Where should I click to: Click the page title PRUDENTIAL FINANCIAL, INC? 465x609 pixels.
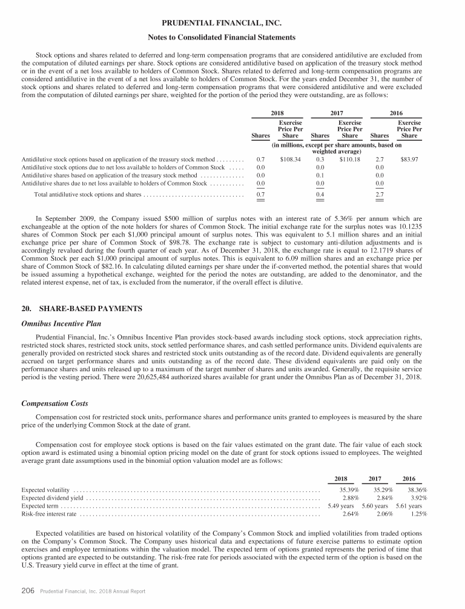tap(232, 24)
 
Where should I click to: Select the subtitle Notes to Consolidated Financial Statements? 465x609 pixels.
tap(232, 38)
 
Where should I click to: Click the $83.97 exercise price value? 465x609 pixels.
tap(410, 160)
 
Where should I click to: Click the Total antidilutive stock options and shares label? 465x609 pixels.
tap(88, 195)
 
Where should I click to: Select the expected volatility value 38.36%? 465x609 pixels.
tap(417, 489)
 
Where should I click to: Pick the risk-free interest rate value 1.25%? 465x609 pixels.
tap(418, 514)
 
